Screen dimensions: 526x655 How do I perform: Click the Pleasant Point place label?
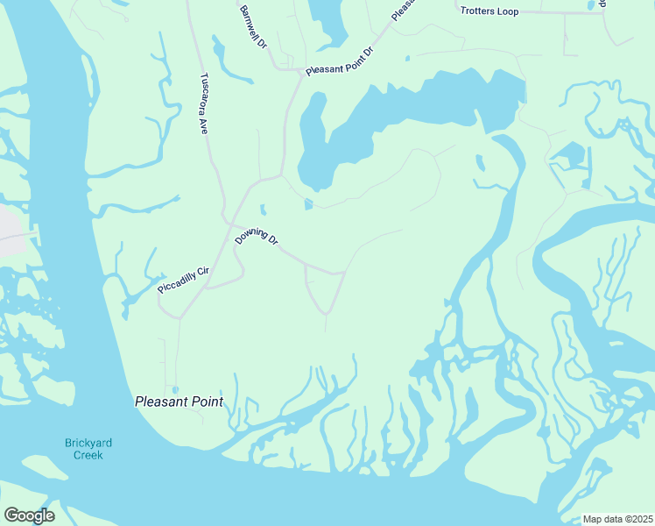coord(179,402)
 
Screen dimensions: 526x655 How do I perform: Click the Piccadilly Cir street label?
coord(183,279)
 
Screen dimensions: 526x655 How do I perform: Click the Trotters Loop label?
coord(489,11)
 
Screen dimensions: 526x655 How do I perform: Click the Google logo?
coord(28,515)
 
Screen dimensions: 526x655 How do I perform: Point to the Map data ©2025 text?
coord(617,518)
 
